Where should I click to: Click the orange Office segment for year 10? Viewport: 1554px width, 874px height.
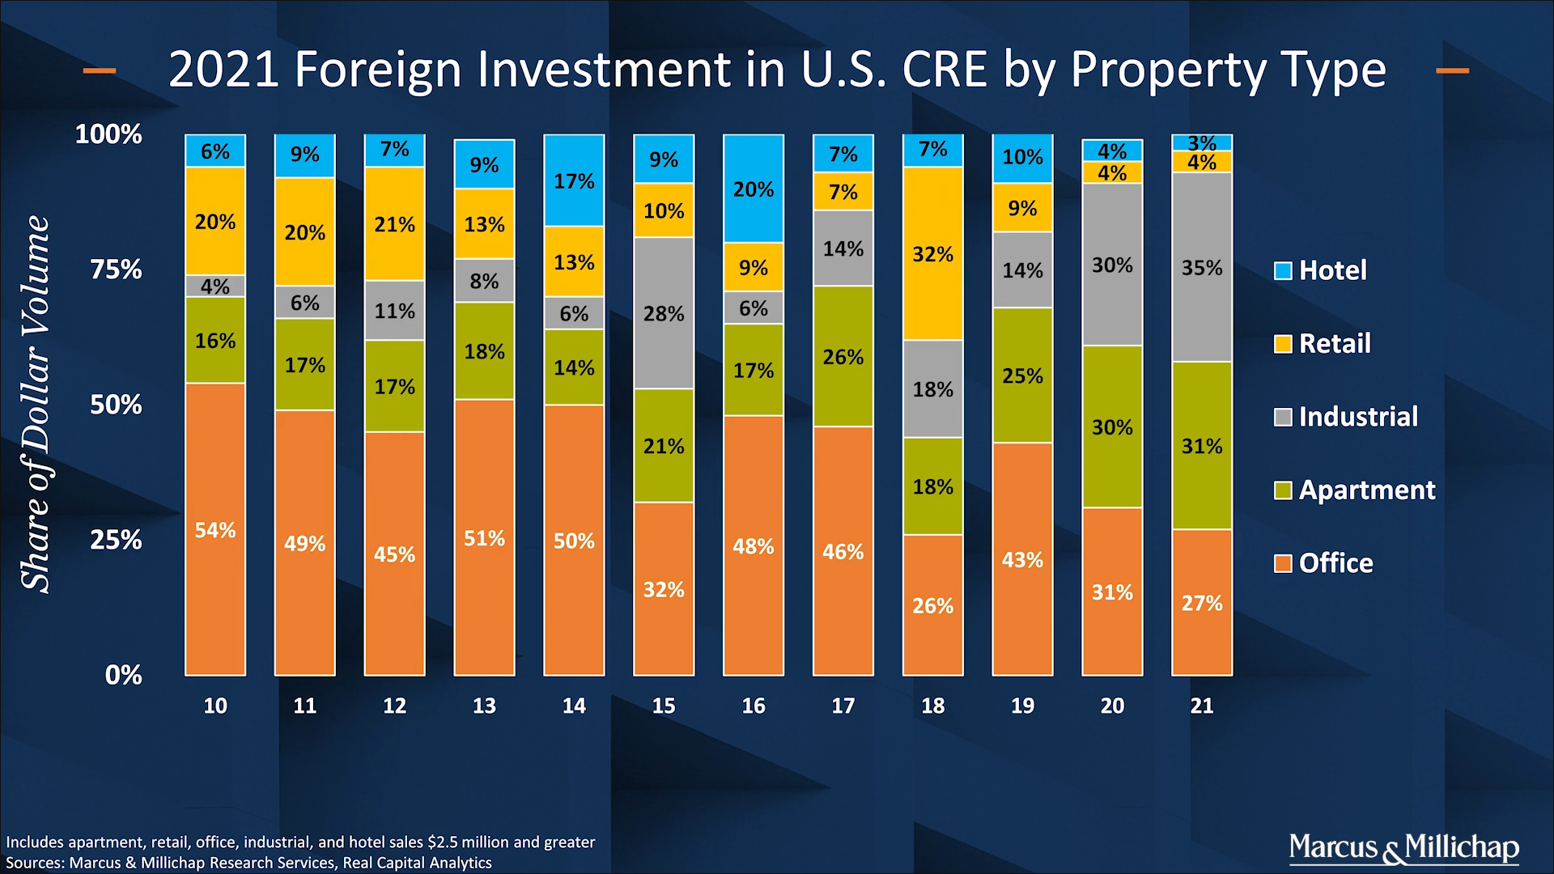[215, 529]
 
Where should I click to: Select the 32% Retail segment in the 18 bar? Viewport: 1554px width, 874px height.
[932, 253]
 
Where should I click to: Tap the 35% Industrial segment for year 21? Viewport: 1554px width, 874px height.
[1202, 267]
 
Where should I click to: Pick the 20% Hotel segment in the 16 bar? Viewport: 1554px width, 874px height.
[753, 189]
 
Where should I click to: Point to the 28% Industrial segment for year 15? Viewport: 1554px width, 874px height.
[664, 313]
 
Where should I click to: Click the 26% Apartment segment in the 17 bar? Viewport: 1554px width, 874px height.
[843, 356]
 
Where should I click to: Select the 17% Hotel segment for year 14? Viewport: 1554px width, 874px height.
[574, 180]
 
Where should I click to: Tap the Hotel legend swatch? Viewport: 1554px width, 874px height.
[1283, 270]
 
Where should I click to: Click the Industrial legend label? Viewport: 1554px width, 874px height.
[1358, 417]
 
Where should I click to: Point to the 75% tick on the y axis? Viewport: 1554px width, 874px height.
[116, 269]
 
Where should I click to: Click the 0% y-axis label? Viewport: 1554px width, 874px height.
[123, 674]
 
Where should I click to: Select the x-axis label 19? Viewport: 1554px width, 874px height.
[1022, 706]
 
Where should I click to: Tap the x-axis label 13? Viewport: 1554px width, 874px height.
[484, 706]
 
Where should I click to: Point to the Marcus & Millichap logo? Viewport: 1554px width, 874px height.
[1403, 847]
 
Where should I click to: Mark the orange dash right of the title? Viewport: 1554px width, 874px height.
[1452, 70]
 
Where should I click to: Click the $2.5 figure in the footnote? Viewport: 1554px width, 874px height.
[442, 842]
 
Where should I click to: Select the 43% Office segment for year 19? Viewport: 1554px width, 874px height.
[1022, 559]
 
